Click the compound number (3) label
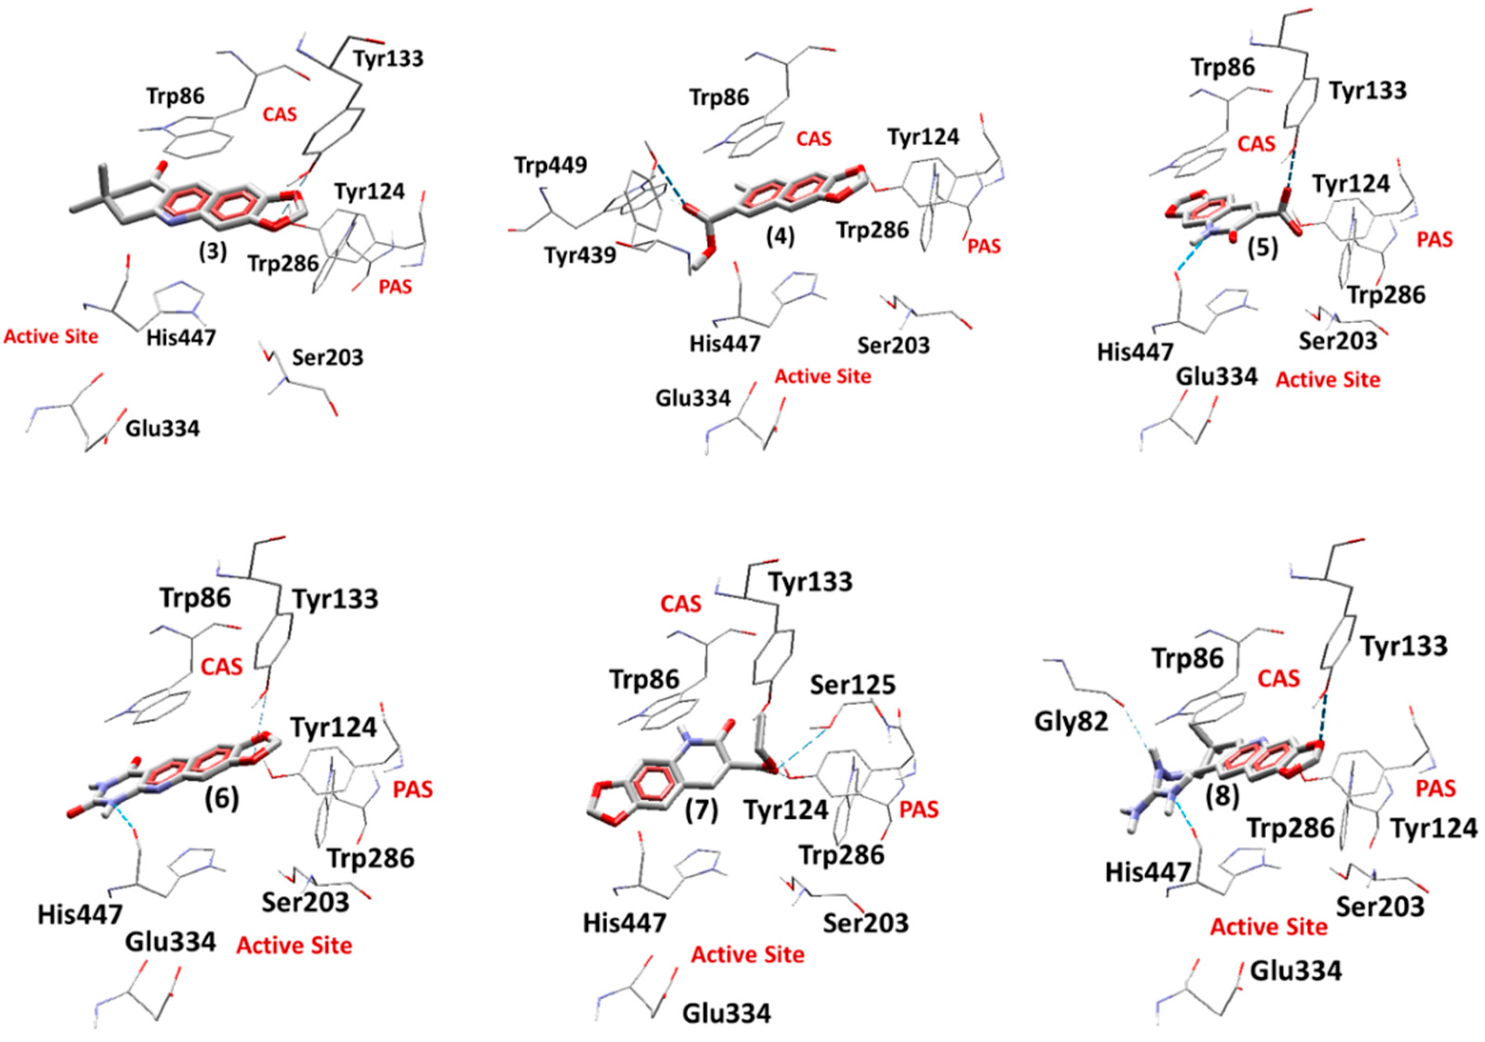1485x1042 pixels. (213, 252)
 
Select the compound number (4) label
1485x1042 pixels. (779, 238)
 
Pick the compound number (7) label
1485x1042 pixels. (702, 811)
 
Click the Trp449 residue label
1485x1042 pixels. (551, 166)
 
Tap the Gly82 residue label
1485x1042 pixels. (1071, 721)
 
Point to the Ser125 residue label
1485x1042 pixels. (853, 684)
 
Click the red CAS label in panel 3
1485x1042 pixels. (279, 115)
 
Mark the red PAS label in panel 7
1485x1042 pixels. (919, 810)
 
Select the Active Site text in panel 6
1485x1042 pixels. (294, 946)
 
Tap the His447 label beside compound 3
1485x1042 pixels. (181, 337)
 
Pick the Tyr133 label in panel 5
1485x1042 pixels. (1367, 91)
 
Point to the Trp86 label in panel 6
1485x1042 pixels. (195, 598)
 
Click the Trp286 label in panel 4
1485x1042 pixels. (873, 230)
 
